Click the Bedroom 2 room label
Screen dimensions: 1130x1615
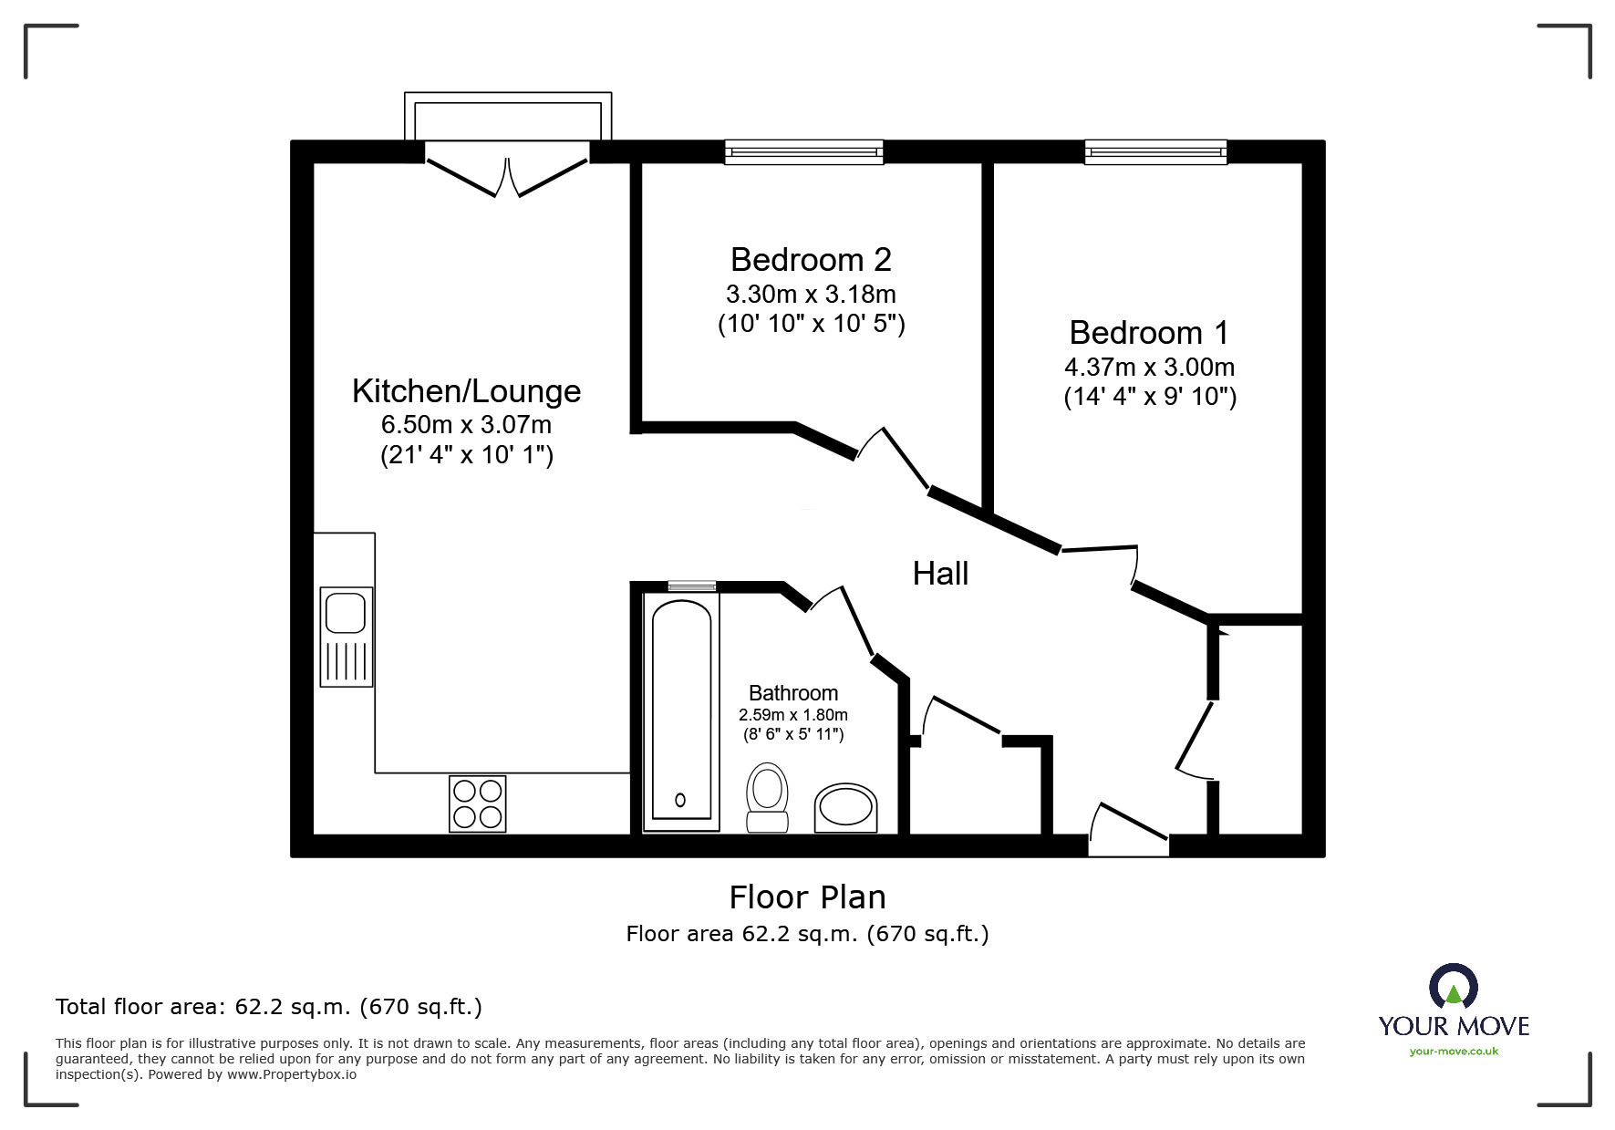click(x=811, y=260)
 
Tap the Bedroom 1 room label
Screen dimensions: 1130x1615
click(x=1149, y=333)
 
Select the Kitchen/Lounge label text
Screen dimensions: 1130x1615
click(x=466, y=391)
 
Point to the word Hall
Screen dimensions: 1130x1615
click(x=940, y=574)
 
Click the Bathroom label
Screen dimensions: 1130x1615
click(x=793, y=693)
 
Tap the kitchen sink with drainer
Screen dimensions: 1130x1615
click(x=346, y=636)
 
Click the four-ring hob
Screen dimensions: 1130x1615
click(x=477, y=803)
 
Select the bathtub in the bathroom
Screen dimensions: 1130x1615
click(x=681, y=711)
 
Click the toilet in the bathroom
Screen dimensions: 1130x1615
click(x=767, y=796)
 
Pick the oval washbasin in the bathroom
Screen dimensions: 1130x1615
click(x=845, y=807)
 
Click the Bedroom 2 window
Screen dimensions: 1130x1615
click(x=803, y=151)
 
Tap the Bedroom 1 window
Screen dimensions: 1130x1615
click(x=1155, y=151)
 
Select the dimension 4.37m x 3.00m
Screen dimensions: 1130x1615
click(x=1149, y=368)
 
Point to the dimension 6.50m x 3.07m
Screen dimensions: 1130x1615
click(x=466, y=425)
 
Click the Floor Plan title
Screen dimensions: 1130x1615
click(x=807, y=897)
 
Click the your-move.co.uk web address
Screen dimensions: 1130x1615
click(x=1454, y=1052)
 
